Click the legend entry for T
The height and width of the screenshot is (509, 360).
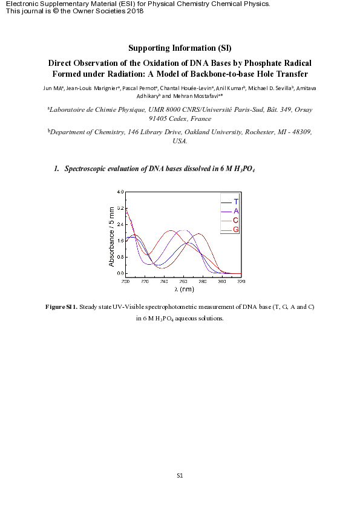coord(235,201)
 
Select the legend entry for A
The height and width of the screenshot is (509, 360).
coord(235,211)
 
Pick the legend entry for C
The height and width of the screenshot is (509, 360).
coord(235,220)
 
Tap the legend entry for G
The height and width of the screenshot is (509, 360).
coord(235,230)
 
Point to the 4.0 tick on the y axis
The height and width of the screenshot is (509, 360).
coord(120,192)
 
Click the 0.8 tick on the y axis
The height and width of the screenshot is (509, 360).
coord(120,257)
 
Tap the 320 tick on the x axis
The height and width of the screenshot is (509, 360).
coord(241,281)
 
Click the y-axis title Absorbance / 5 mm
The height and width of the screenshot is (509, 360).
coord(111,236)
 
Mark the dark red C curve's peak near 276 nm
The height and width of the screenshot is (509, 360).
coord(198,234)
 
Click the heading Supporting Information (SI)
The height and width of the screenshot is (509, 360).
coord(180,48)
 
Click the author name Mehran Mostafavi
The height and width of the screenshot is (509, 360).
coord(192,96)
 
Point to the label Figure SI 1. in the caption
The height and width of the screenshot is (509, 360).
coord(62,307)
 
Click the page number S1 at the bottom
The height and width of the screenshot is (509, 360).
coord(180,475)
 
